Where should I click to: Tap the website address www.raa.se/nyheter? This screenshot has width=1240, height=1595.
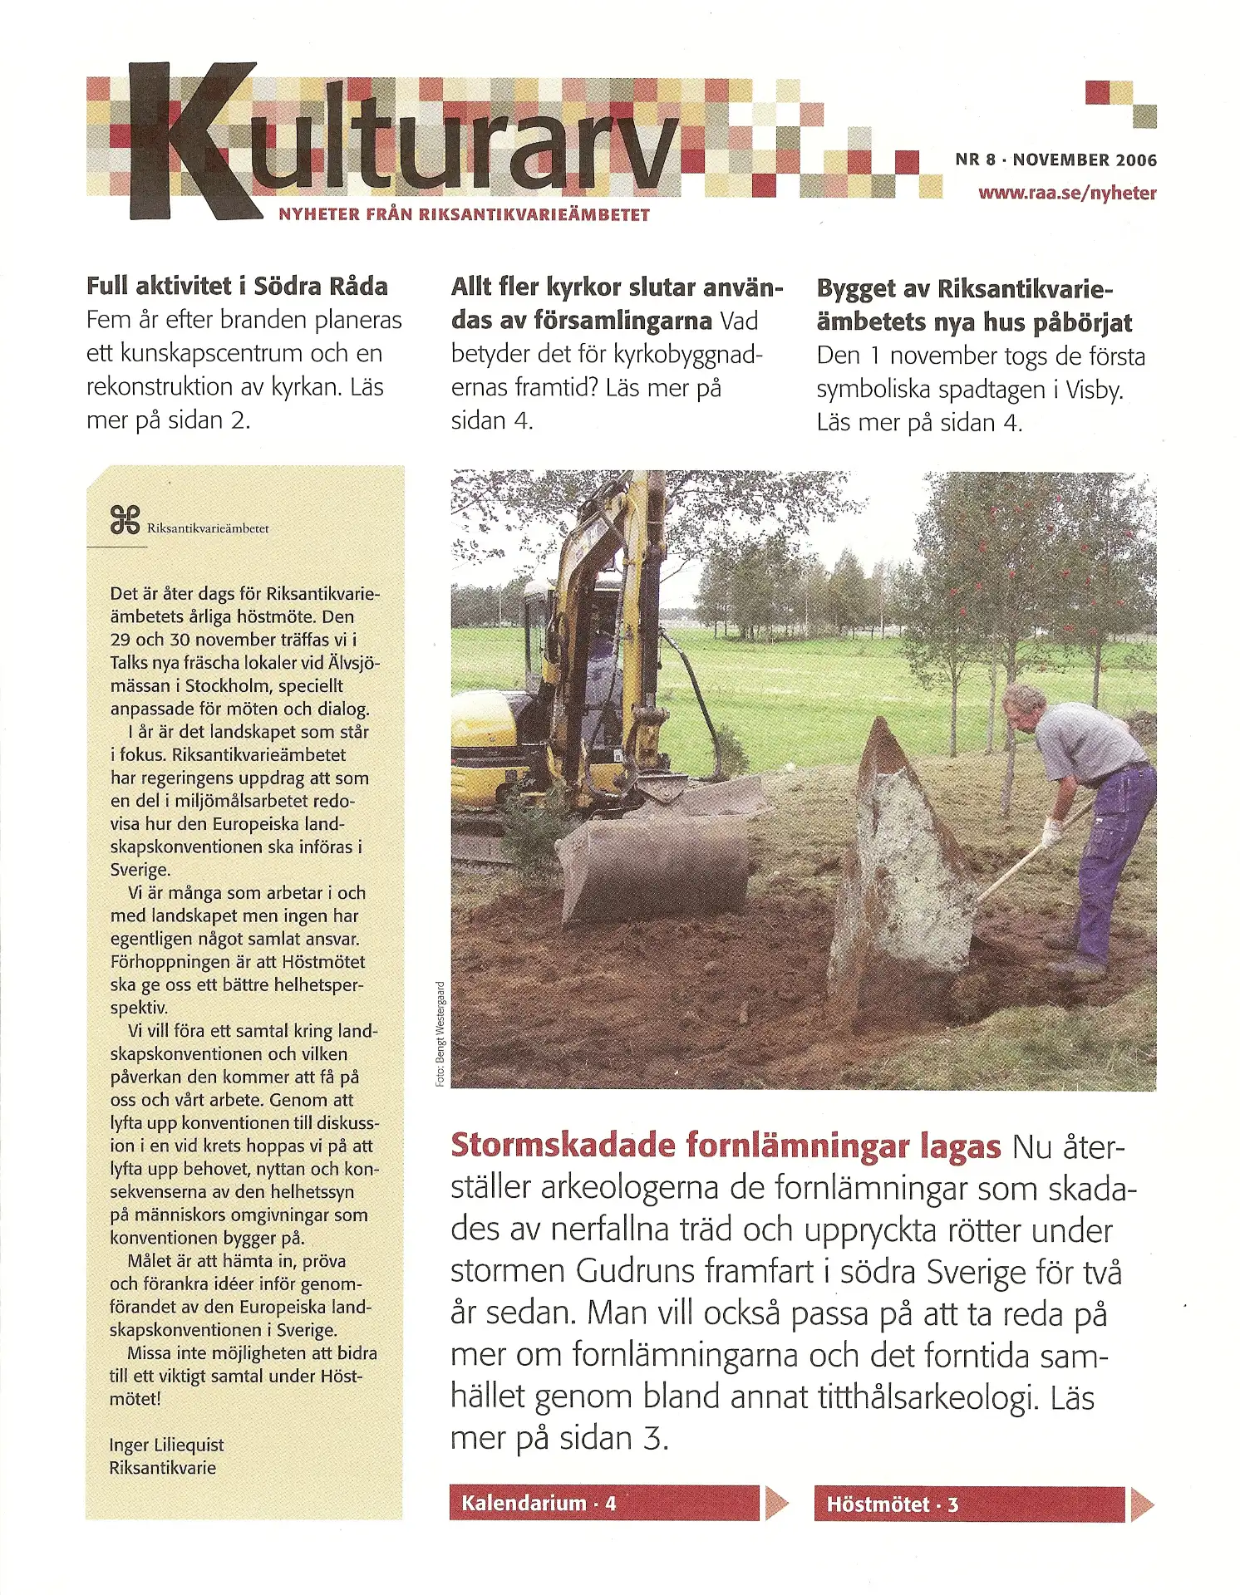pos(1066,194)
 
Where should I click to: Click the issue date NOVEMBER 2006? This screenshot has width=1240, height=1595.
pos(1085,159)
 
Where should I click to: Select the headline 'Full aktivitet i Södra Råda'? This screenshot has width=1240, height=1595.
pos(237,287)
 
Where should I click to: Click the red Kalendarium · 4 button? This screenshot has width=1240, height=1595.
pos(604,1504)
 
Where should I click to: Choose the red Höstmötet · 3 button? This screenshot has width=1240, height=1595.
pos(969,1504)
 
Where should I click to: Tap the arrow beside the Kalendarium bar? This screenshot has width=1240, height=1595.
pos(776,1503)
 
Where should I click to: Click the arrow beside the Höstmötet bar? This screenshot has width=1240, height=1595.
pos(1141,1504)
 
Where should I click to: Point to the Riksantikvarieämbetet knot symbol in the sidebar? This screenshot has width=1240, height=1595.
pos(125,520)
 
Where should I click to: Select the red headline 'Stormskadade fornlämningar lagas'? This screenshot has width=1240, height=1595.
pos(726,1146)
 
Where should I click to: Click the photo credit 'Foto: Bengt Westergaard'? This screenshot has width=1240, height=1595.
pos(440,1033)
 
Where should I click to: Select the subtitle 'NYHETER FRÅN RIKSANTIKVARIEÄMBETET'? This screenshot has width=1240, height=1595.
pos(464,214)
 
